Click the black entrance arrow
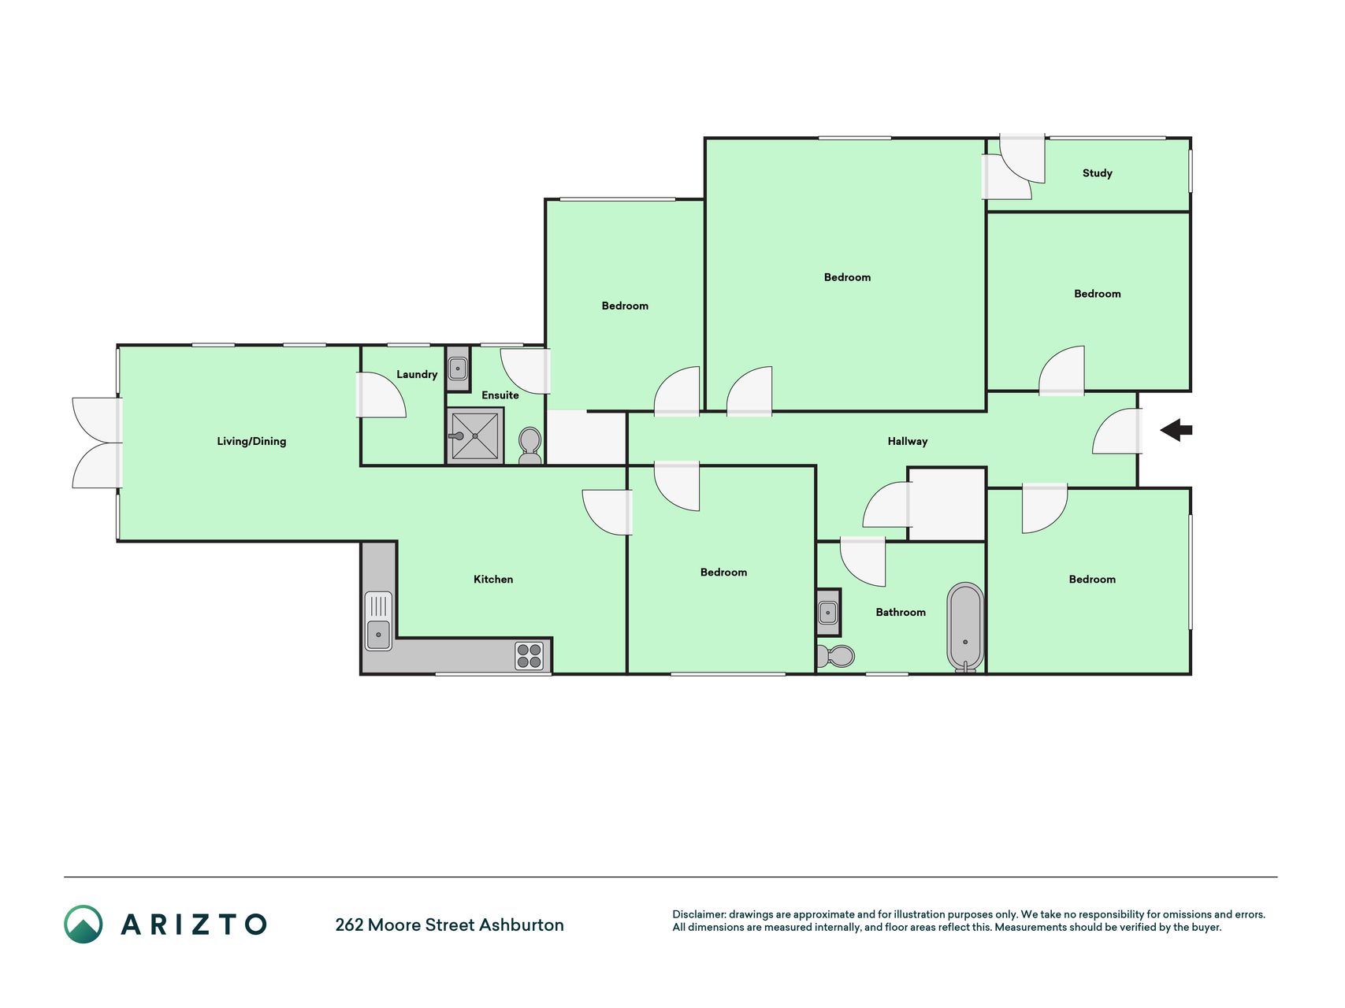[x=1176, y=430]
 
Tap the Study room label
[x=1097, y=173]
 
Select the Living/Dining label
[x=251, y=441]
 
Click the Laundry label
[x=417, y=375]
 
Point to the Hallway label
[x=908, y=441]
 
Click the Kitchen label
[x=493, y=579]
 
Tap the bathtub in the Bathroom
[x=965, y=627]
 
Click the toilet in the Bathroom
[x=835, y=655]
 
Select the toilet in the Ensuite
[x=530, y=446]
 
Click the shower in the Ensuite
[x=475, y=435]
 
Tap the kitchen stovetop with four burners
[x=529, y=655]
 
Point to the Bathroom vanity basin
[x=828, y=612]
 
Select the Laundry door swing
[x=381, y=395]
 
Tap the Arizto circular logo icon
[x=84, y=924]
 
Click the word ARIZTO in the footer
[x=194, y=925]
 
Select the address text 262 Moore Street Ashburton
[x=449, y=925]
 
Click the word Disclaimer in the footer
[x=699, y=914]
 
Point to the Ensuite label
[x=500, y=395]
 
